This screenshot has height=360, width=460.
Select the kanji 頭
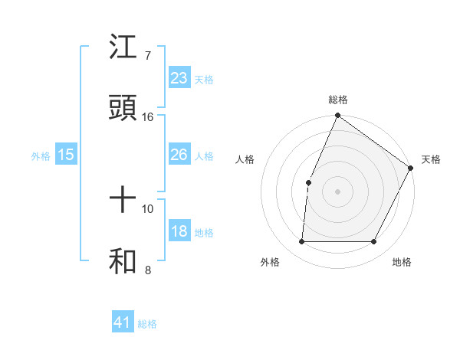point(124,108)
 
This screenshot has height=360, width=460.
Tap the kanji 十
point(124,200)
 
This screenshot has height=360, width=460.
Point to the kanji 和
point(124,261)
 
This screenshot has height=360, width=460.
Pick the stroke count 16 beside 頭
point(148,116)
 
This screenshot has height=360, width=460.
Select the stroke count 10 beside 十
point(148,208)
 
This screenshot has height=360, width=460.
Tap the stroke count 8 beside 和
point(147,270)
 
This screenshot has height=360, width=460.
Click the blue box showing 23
point(179,77)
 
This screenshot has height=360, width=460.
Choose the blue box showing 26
point(179,155)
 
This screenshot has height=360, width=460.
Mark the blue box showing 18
point(179,231)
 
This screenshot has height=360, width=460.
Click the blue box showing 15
point(66,155)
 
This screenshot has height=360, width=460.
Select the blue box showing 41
point(123,322)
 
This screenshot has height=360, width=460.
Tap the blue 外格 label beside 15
point(41,155)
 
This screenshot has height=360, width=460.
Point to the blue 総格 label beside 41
point(147,324)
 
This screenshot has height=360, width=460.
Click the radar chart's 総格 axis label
point(337,100)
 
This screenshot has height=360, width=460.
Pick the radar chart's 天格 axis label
point(431,159)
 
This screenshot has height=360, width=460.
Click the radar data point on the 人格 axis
point(308,182)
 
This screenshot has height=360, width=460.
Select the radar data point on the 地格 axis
point(374,242)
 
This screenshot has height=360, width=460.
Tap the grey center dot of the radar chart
point(337,191)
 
